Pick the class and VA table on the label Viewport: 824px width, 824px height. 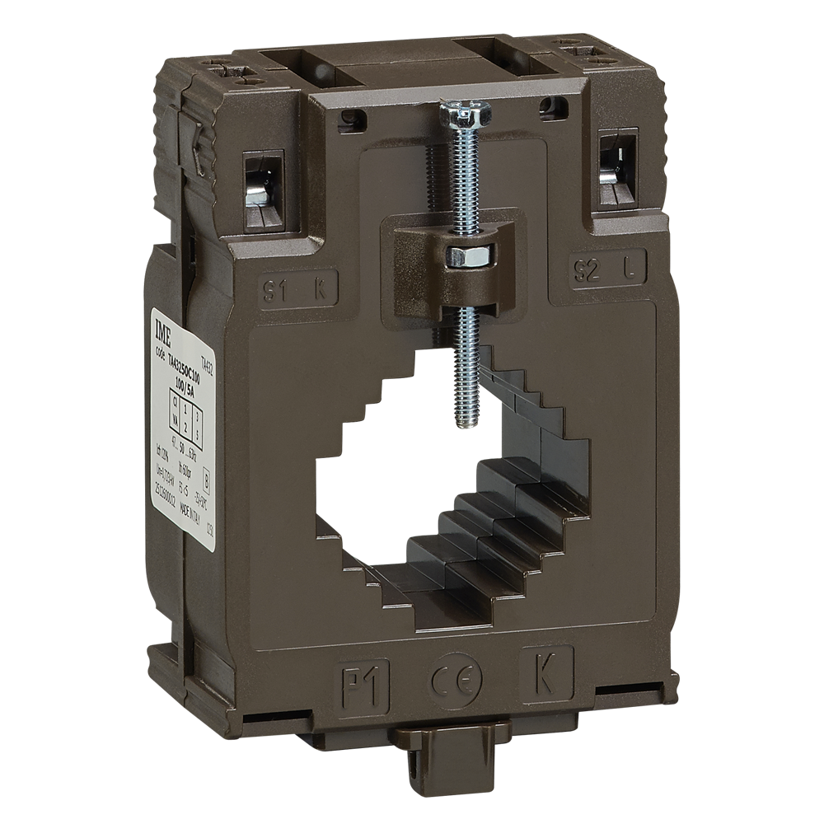coord(185,418)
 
